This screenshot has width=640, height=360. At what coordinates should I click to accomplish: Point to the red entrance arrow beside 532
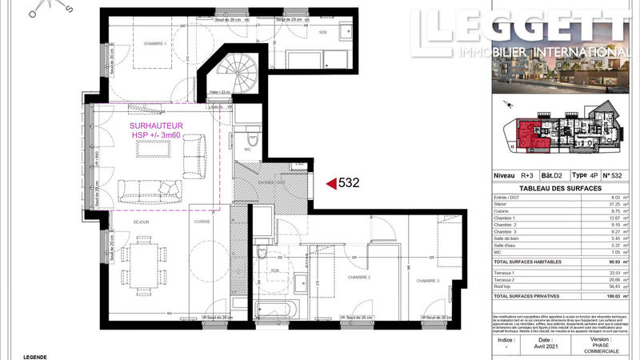[330, 183]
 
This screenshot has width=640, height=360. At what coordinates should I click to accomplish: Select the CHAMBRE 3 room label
[427, 280]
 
